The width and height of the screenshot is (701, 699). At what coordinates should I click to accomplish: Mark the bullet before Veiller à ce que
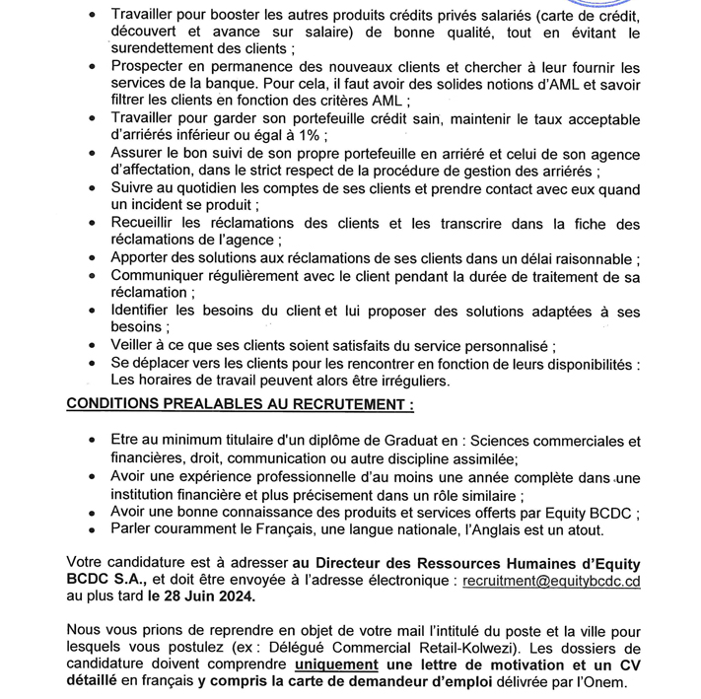(x=92, y=346)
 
